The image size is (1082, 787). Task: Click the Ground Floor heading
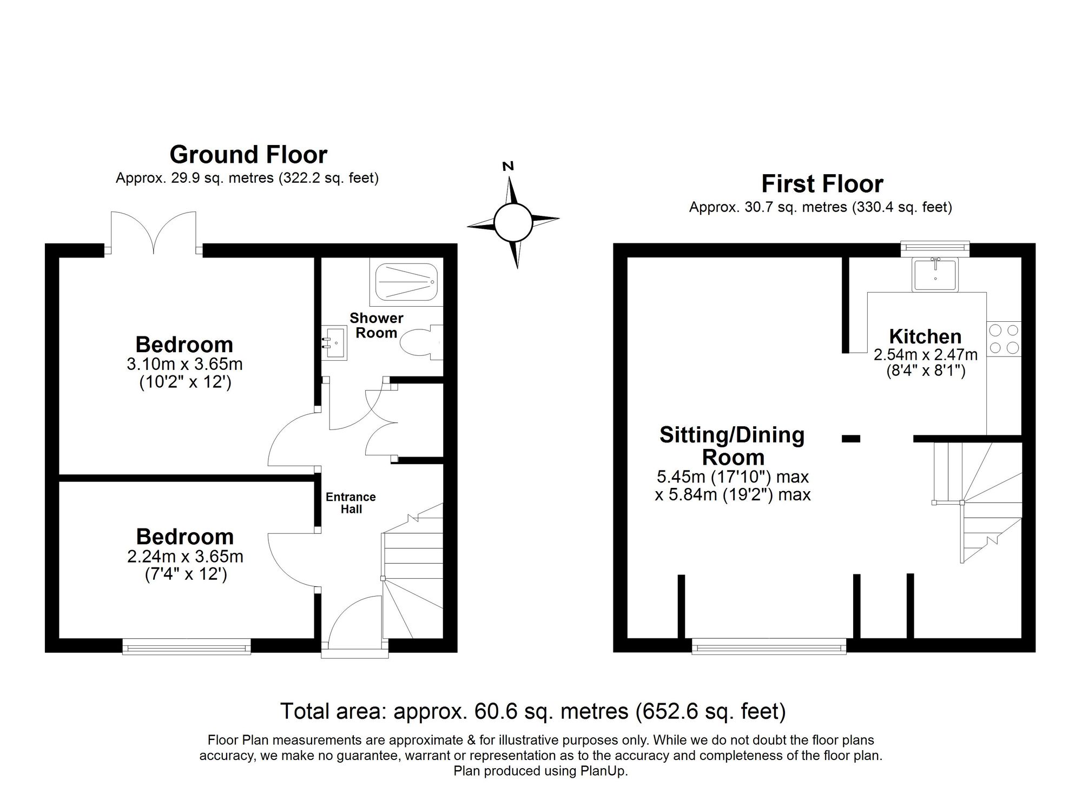click(248, 155)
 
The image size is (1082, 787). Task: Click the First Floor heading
click(822, 184)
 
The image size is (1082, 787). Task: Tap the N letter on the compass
click(508, 167)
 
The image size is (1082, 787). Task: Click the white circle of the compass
click(513, 222)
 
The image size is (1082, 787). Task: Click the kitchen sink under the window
click(935, 275)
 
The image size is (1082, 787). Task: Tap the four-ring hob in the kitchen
click(1004, 339)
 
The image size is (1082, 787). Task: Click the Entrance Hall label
click(351, 503)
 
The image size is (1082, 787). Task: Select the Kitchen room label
click(925, 337)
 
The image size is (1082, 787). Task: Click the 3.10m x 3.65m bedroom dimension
click(184, 365)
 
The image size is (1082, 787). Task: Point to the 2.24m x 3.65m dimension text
click(185, 557)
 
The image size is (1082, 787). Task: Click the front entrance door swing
click(354, 622)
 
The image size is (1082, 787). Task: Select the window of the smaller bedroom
click(187, 646)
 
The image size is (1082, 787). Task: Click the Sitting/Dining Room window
click(769, 646)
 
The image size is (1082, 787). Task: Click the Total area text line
click(533, 711)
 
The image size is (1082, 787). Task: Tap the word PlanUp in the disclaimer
click(605, 771)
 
